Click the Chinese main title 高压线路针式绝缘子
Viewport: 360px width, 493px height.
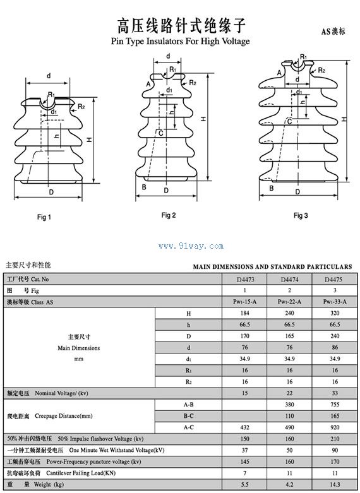[x=181, y=25]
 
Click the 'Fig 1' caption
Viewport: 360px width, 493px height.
[x=44, y=217]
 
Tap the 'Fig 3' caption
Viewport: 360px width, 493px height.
[x=301, y=215]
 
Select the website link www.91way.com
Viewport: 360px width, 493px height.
[x=191, y=246]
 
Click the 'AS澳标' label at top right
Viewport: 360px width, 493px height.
[x=333, y=32]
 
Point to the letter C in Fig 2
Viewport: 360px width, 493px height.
[x=161, y=133]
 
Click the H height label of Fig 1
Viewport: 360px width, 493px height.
[x=90, y=140]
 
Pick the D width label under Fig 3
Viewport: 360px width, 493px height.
[x=297, y=191]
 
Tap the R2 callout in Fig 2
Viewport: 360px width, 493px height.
[x=193, y=83]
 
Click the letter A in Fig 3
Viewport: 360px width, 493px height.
[x=279, y=73]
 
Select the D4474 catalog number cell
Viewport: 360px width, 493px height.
[x=289, y=280]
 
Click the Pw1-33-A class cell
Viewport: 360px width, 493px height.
[x=335, y=302]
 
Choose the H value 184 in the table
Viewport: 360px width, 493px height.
[x=244, y=313]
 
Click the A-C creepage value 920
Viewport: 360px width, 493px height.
[x=335, y=427]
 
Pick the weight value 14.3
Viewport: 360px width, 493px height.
[x=335, y=485]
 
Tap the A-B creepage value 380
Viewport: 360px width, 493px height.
[x=289, y=405]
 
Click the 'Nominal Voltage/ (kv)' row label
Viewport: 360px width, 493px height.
[x=62, y=393]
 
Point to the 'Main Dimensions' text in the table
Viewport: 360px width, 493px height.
[x=79, y=348]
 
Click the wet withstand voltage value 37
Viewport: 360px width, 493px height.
[x=244, y=450]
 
